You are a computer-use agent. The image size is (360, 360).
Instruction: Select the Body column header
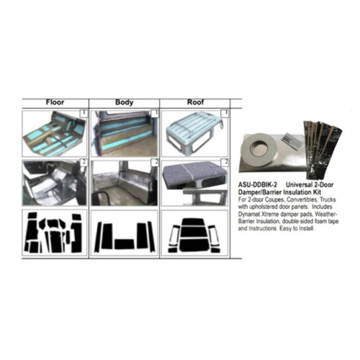point(125,102)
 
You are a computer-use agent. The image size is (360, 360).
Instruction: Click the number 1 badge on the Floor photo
point(84,113)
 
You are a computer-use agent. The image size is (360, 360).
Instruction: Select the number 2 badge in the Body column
point(154,162)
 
